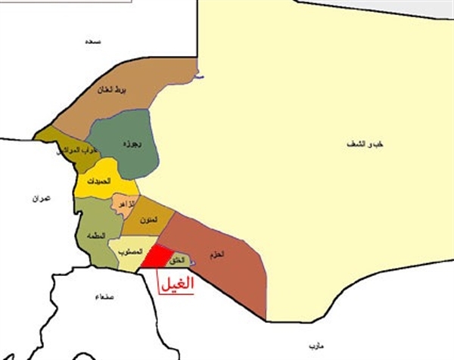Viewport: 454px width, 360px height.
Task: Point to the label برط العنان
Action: tap(112, 92)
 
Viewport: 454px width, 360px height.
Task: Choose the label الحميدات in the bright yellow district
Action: tap(100, 182)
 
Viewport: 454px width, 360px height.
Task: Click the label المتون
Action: tap(149, 219)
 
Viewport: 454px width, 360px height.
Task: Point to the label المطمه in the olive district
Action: tap(98, 234)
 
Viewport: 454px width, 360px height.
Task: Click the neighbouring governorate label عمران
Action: tap(40, 199)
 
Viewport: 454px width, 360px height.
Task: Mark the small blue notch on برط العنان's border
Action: tap(200, 76)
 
